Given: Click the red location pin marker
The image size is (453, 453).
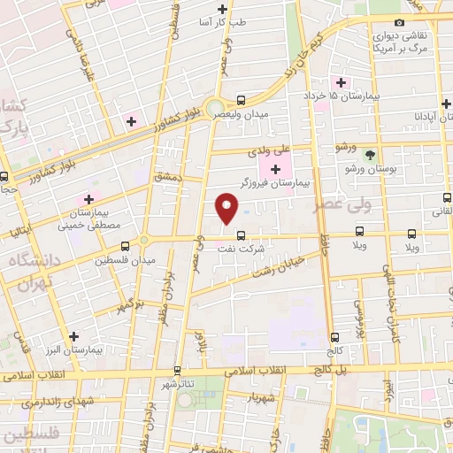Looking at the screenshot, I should (226, 208).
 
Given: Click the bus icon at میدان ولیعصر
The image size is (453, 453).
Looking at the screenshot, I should (242, 100).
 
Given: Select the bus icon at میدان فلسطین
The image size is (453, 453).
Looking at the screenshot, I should (125, 245).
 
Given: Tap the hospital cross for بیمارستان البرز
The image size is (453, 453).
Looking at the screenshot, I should (74, 336).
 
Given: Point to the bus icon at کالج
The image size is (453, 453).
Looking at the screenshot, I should (334, 336).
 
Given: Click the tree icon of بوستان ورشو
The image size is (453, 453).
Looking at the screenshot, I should (370, 153).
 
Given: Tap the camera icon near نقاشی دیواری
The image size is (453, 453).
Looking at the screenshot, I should (399, 22).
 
